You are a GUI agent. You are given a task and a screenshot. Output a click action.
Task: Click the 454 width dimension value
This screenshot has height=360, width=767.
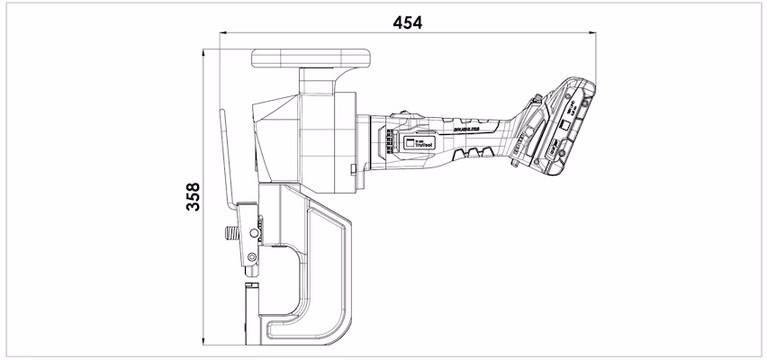[x=408, y=21]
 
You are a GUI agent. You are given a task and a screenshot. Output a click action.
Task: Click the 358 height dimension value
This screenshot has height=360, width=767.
[x=192, y=195]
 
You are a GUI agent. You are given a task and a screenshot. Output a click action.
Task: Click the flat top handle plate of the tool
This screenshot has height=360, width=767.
[x=311, y=57]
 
